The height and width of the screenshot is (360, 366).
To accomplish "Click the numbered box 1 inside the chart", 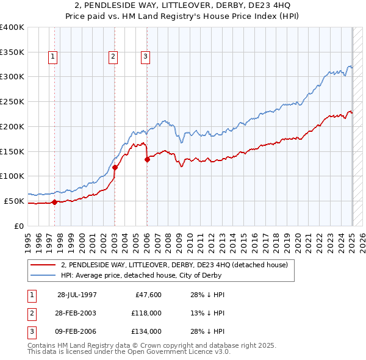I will click(53, 57).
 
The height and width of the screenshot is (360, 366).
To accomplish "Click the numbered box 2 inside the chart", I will click(113, 57).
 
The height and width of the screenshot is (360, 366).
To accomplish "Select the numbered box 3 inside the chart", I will click(146, 57).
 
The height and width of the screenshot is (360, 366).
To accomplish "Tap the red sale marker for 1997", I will click(54, 202).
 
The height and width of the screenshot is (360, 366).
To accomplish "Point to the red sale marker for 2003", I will click(115, 167).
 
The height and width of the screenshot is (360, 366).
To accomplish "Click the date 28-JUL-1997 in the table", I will click(77, 295).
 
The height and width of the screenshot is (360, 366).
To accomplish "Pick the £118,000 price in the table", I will click(146, 313).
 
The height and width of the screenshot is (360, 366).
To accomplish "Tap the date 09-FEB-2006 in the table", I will click(77, 331).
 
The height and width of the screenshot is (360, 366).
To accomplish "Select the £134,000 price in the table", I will click(146, 331).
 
